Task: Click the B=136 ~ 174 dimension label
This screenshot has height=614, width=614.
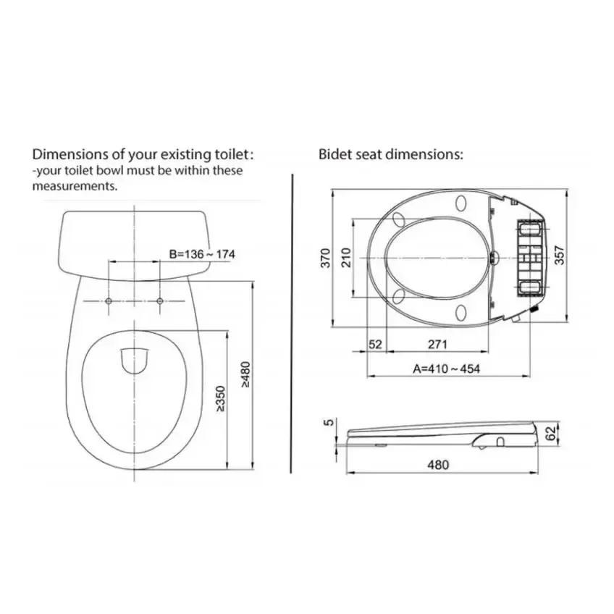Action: point(202,255)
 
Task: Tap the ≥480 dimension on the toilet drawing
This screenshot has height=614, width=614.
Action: point(245,375)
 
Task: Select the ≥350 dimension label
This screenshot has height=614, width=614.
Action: point(220,399)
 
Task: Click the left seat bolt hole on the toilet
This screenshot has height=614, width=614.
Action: point(109,300)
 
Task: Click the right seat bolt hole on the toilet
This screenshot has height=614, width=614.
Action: point(160,300)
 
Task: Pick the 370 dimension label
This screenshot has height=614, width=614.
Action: point(325,258)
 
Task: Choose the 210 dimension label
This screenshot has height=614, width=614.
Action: point(346,258)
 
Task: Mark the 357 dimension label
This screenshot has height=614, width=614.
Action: point(560,255)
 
